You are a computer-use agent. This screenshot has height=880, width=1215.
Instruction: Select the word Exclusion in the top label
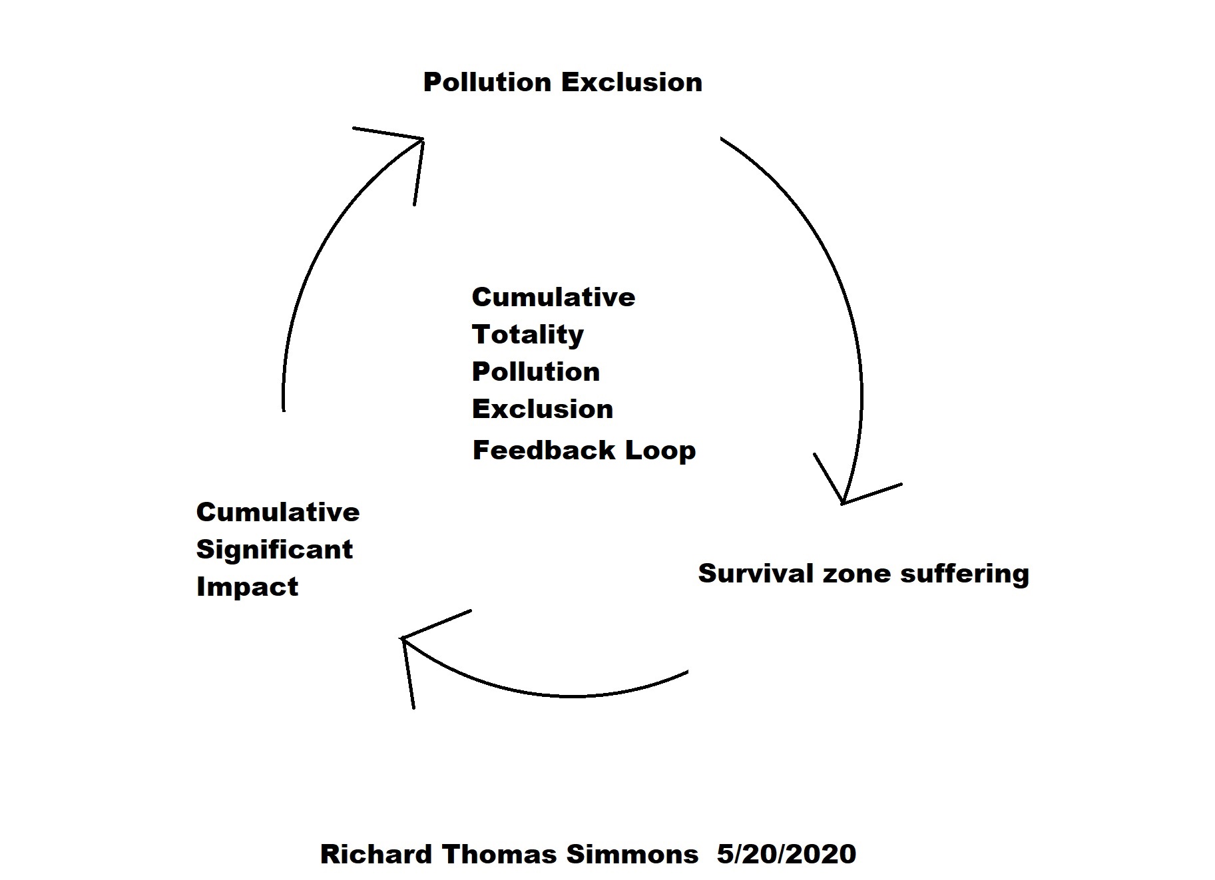tap(632, 83)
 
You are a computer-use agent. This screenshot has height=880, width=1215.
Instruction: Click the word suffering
tap(965, 574)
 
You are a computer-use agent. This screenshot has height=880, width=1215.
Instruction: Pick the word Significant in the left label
tap(274, 550)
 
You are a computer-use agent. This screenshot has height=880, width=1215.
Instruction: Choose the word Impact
tap(247, 587)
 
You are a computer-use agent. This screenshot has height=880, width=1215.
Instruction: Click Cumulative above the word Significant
tap(278, 512)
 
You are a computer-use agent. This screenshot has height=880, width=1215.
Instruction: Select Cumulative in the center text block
tap(553, 297)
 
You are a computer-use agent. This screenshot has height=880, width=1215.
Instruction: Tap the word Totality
tap(527, 335)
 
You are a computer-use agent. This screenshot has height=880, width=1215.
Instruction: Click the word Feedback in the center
tap(543, 451)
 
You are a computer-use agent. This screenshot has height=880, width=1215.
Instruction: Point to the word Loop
tap(660, 451)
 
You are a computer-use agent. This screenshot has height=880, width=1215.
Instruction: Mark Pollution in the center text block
tap(536, 371)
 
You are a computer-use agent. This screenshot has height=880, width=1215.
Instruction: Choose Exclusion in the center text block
tap(543, 409)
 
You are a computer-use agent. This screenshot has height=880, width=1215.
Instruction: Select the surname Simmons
tap(632, 854)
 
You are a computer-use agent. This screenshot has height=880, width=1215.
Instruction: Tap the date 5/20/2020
tap(786, 854)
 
